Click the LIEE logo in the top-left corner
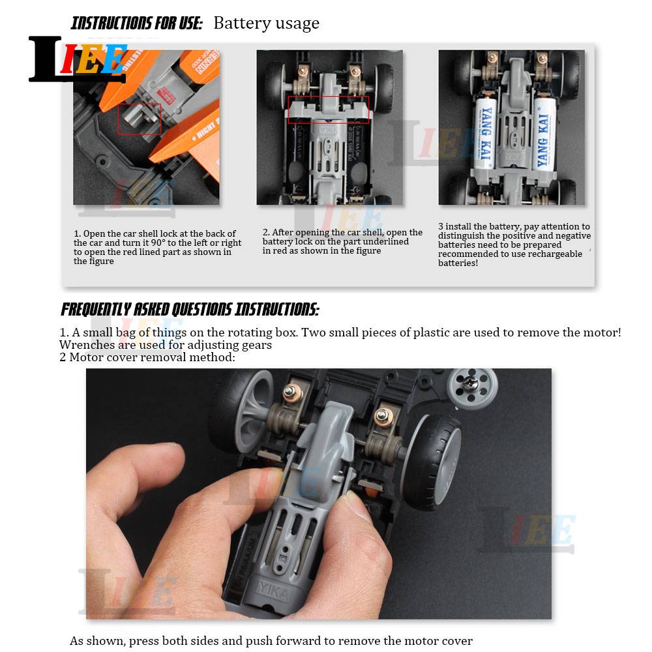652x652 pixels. (78, 59)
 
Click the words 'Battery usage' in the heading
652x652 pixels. (267, 23)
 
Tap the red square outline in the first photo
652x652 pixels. (140, 119)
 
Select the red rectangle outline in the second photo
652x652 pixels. (329, 110)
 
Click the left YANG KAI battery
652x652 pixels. (486, 133)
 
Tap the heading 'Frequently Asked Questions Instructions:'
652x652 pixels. (190, 310)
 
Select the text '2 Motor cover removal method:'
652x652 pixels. (147, 357)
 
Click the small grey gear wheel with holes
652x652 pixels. (472, 387)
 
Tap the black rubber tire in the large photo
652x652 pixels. (434, 462)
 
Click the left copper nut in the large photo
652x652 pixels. (290, 391)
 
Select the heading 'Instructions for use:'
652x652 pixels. (136, 23)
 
